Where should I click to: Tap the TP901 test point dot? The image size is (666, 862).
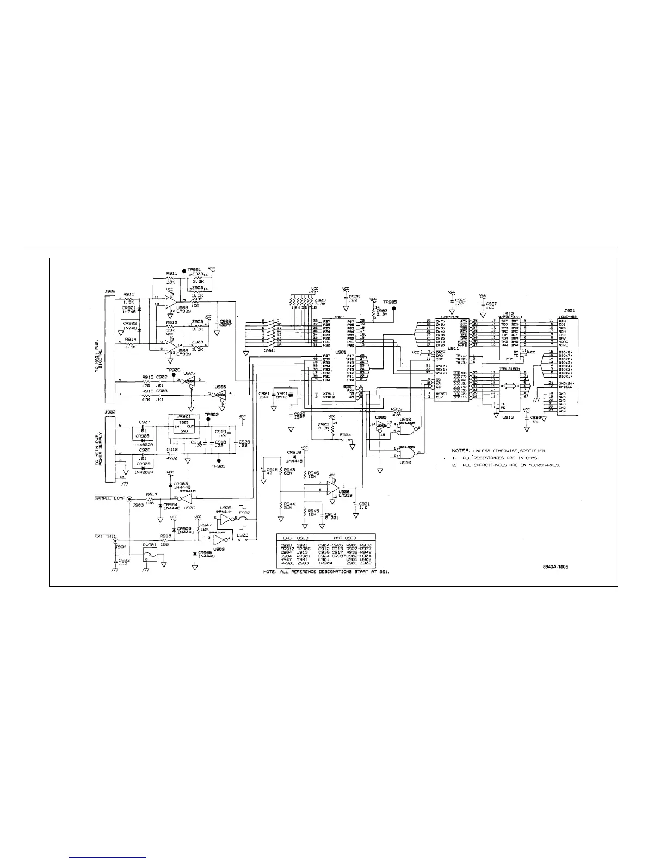coord(184,269)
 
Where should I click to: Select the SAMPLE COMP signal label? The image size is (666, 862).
coord(110,498)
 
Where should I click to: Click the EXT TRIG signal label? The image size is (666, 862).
coord(106,537)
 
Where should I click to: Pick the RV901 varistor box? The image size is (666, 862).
coord(150,556)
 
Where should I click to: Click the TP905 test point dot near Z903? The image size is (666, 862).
coord(394,307)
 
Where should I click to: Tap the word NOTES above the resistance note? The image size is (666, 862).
coord(463,451)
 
